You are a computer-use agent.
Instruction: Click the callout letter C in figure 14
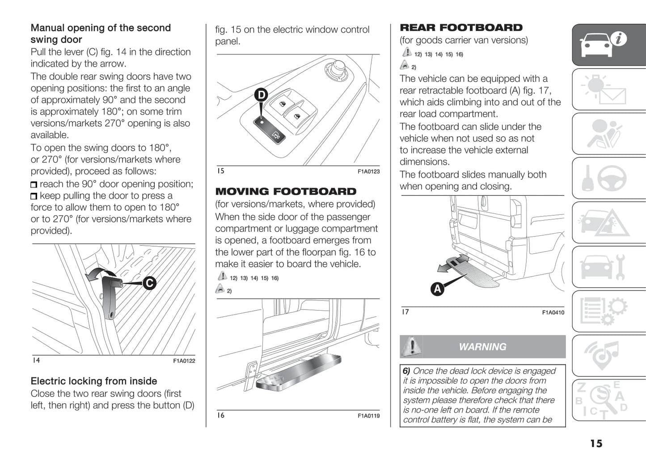149,283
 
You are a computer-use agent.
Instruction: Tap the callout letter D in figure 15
261,95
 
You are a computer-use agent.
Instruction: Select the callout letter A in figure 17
437,289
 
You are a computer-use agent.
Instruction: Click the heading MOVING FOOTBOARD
286,192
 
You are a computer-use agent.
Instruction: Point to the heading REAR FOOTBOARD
461,28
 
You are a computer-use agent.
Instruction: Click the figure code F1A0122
184,361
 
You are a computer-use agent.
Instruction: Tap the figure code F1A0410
553,312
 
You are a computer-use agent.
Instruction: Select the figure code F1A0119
368,416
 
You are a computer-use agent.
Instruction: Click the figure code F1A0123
368,171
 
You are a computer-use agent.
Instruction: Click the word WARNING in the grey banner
482,347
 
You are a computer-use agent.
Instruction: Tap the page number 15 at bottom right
596,443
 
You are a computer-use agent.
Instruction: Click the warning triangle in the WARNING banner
411,346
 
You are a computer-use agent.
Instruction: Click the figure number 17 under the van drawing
405,312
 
